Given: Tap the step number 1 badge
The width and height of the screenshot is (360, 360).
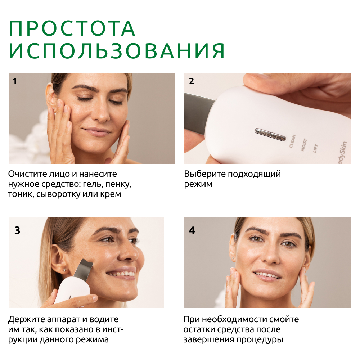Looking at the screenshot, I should click(15, 81).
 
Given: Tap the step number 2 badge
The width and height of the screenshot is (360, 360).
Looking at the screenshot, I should click(192, 81).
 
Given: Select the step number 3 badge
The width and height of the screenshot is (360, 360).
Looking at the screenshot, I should click(17, 230).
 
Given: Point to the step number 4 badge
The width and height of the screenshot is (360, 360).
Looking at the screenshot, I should click(192, 230).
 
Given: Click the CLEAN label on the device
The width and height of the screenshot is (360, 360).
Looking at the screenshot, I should click(292, 141).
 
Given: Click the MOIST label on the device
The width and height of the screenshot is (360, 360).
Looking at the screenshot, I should click(303, 145).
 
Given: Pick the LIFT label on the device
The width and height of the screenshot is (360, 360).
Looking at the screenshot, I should click(315, 148).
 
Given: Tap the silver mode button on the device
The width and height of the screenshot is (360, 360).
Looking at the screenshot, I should click(270, 134).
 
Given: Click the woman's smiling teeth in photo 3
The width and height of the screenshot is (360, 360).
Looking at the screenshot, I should click(121, 275).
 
